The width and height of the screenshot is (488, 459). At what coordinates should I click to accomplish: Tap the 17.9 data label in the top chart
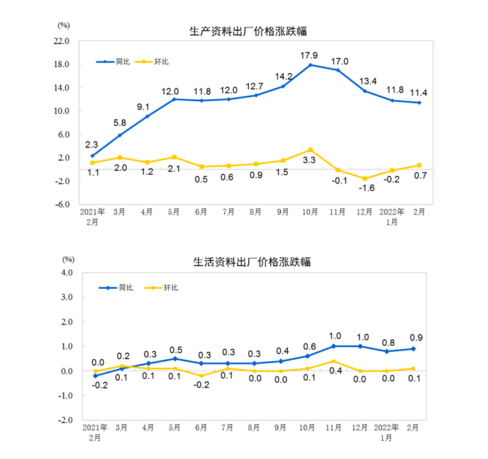309,54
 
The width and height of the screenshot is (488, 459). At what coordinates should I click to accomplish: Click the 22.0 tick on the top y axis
62,41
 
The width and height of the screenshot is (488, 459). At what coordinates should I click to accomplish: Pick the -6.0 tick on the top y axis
62,205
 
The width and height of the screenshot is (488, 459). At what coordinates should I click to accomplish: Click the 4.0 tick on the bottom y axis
65,273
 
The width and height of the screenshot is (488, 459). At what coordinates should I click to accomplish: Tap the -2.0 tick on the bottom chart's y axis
64,421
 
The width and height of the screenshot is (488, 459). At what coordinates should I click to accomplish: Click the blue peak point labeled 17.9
311,65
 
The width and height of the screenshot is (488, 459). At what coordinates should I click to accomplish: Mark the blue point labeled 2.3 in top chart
92,156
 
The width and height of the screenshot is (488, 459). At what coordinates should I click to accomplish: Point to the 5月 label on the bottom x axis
174,427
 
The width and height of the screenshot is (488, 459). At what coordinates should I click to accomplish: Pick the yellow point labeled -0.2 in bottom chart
201,376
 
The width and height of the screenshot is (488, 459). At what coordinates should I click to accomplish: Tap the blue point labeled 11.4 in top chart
420,103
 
